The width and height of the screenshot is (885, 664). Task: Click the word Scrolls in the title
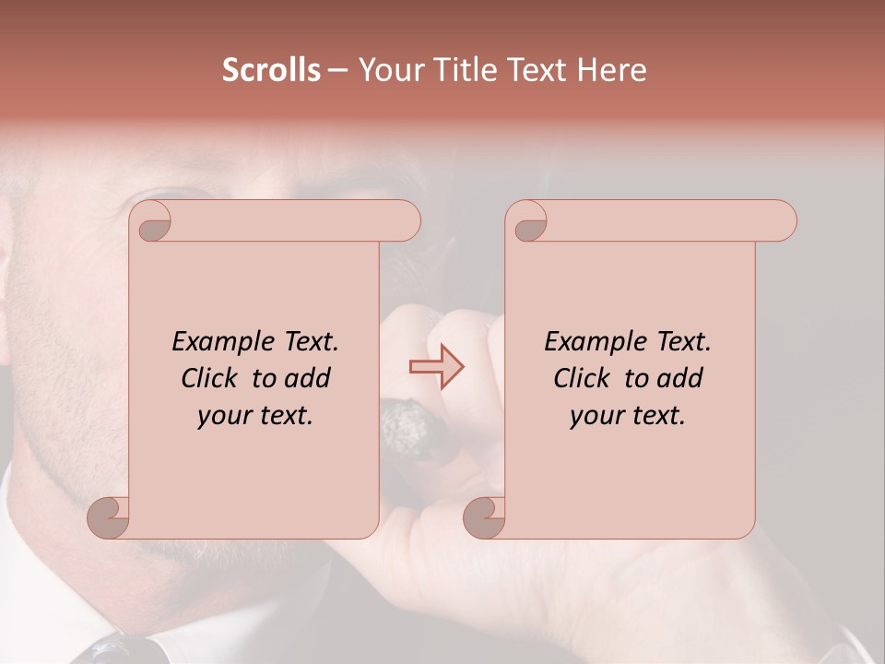tap(271, 70)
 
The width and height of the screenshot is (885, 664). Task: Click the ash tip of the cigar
tap(403, 426)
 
